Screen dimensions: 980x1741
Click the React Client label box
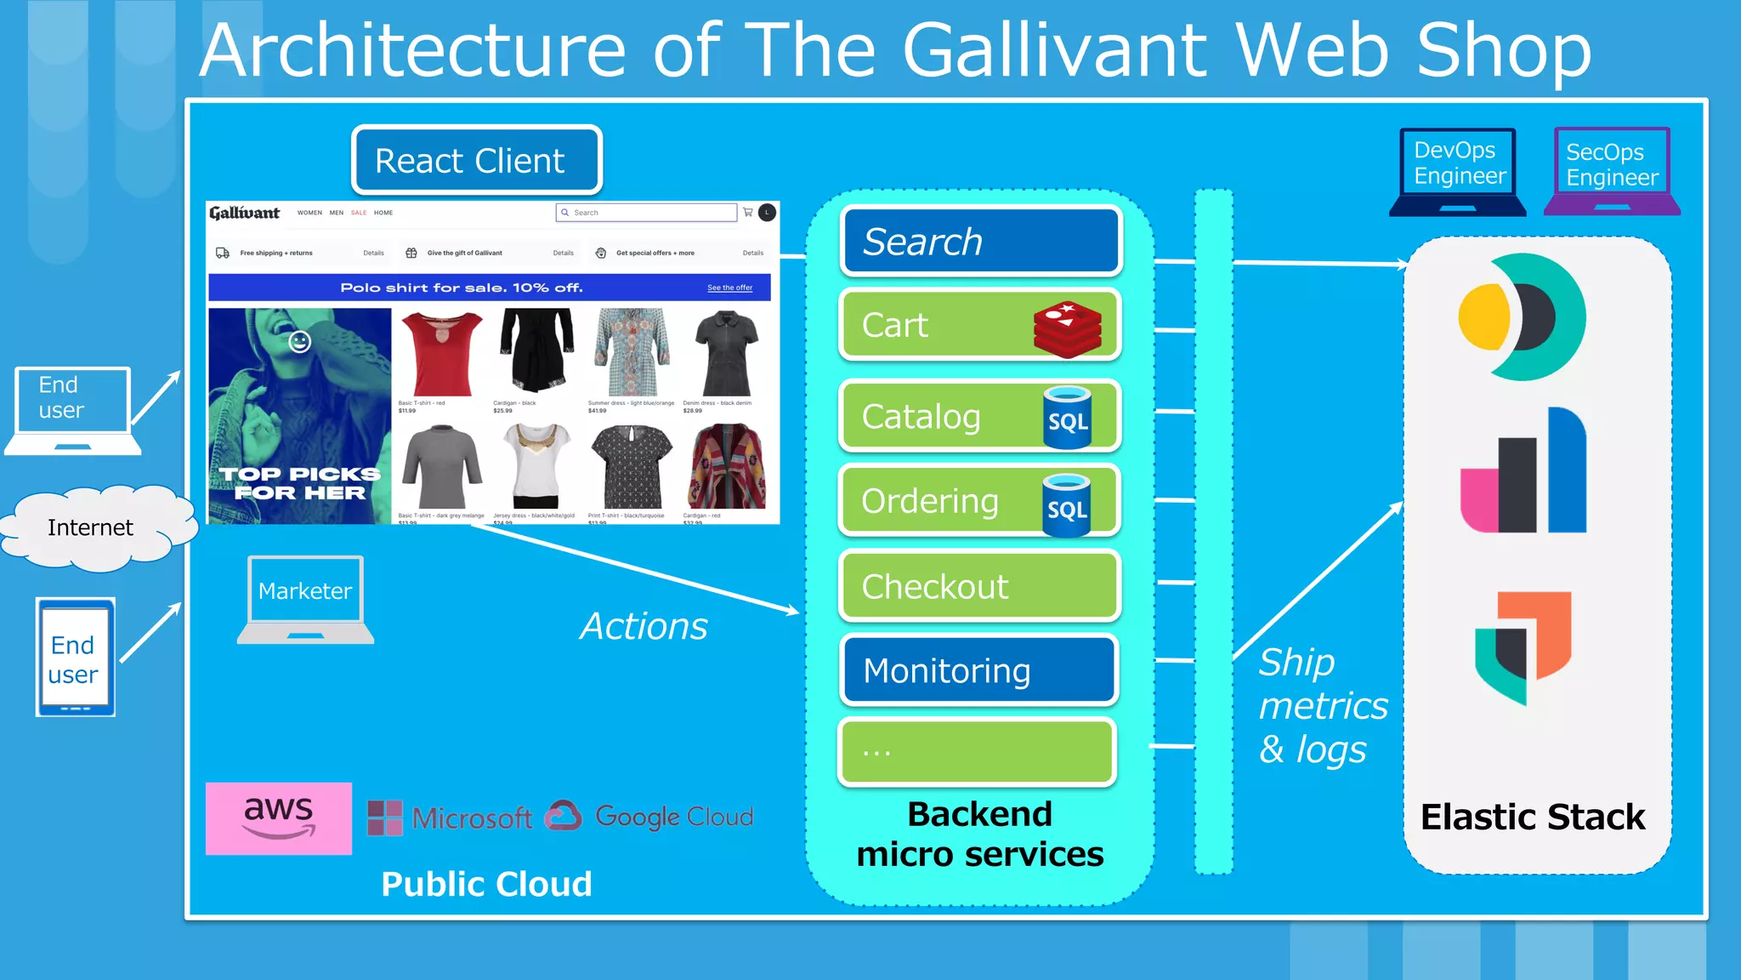[477, 160]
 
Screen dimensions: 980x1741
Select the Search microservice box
[981, 242]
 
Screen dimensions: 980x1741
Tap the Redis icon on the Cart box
[1068, 328]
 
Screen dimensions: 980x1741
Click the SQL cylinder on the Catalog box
[1068, 417]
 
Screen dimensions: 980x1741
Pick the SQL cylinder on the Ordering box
[1067, 505]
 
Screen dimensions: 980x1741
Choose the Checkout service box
[979, 586]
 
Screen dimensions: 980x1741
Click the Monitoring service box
[979, 670]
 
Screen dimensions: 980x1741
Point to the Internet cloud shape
[92, 527]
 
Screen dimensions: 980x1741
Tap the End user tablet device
[75, 658]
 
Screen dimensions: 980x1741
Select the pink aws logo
[279, 818]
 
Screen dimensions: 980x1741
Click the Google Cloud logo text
[673, 817]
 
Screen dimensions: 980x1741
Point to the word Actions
[644, 626]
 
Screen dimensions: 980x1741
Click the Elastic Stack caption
[1533, 817]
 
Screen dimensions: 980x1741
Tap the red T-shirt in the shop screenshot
[440, 353]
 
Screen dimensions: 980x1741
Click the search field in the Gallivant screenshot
[647, 213]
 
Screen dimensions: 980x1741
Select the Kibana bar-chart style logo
[1523, 471]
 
